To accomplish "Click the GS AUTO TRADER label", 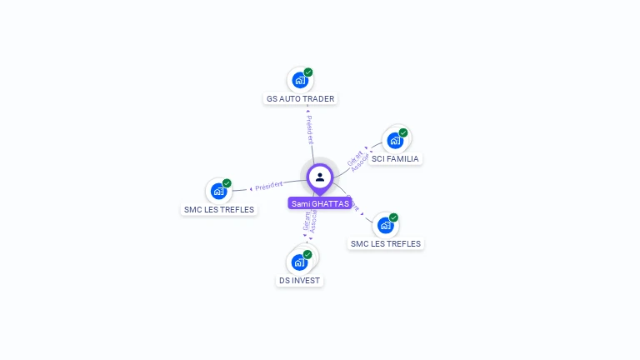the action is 300,98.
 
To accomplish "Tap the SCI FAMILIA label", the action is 395,158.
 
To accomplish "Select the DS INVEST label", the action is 300,280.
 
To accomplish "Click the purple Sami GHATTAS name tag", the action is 320,203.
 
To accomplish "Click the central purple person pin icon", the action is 320,177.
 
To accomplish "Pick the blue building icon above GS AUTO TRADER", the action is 298,81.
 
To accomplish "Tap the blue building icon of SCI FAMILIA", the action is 394,140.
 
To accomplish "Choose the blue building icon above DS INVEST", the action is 298,262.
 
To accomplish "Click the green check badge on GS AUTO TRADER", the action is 308,72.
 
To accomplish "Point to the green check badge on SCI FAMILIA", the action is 403,132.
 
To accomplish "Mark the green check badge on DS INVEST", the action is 307,254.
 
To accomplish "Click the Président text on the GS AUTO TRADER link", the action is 308,126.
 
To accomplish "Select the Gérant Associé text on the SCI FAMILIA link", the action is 357,161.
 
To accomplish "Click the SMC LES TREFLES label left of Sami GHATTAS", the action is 219,209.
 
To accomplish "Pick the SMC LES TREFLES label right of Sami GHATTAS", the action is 386,243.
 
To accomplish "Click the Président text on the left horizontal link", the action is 269,185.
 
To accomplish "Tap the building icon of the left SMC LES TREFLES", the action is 217,191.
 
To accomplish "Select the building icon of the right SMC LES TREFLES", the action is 384,225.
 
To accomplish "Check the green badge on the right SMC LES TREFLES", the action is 393,217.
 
